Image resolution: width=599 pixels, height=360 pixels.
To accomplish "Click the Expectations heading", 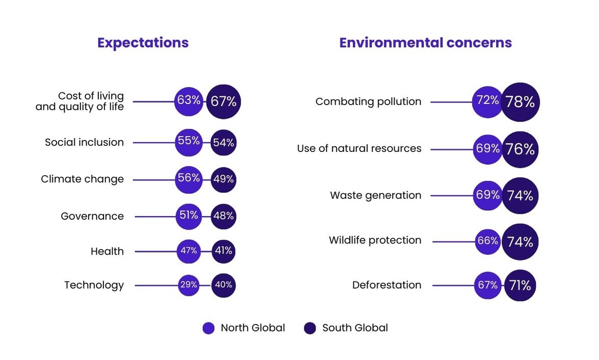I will tap(143, 43).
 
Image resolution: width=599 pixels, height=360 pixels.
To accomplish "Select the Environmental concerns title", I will tap(425, 43).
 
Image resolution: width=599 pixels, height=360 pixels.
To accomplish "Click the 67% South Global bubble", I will tap(223, 102).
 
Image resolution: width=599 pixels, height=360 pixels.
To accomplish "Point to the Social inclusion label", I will tap(84, 142).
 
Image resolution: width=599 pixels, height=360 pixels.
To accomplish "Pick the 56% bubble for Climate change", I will tap(189, 179).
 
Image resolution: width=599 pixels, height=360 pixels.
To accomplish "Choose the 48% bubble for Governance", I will tap(223, 216).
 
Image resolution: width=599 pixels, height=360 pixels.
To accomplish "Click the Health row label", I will tap(107, 251).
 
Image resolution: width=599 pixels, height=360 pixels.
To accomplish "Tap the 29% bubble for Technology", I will tap(189, 285).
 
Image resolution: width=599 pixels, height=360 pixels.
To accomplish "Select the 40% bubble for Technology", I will tap(223, 285).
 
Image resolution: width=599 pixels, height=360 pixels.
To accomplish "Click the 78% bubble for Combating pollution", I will tap(520, 102).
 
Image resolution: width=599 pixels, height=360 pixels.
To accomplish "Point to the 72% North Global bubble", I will tap(488, 101).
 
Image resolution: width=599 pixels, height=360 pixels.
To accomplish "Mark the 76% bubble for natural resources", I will tap(520, 149).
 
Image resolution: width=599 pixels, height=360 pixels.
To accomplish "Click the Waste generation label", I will tap(375, 195).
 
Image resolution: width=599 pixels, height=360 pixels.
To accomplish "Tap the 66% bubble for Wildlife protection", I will tap(488, 241).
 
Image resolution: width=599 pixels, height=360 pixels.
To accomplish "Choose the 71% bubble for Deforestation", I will tap(520, 286).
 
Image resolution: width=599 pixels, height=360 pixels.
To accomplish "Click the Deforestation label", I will tap(386, 285).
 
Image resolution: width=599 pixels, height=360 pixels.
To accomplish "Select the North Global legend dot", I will tap(209, 328).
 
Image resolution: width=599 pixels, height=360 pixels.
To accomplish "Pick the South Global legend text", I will tap(355, 328).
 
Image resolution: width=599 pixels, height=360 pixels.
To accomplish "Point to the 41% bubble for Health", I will tap(223, 251).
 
